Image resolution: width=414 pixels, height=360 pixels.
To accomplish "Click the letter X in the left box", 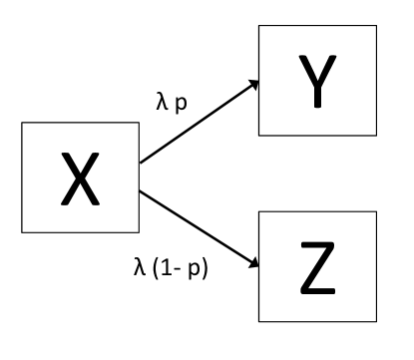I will pos(80,179).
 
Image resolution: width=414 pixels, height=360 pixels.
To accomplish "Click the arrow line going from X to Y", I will pos(200,122).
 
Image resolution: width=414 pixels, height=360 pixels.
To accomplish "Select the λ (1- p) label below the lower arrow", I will pos(174,268).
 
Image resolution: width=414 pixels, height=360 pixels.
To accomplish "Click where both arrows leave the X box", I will pos(140,164).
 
